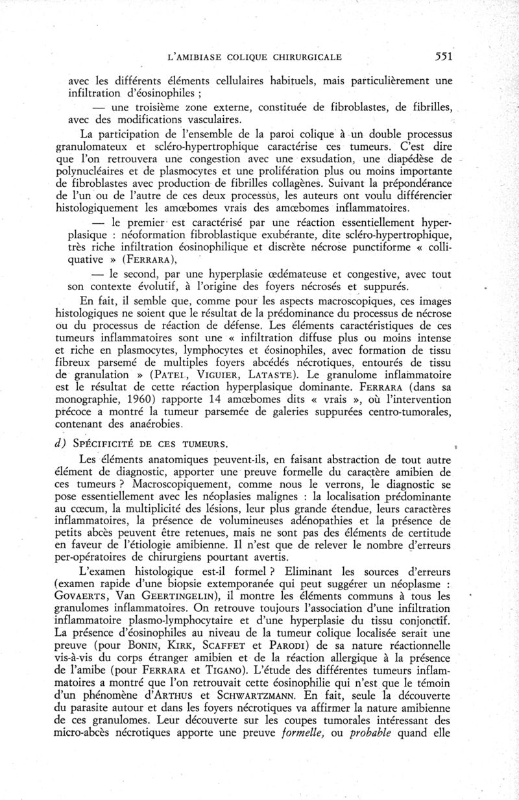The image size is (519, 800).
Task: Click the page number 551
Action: coord(444,56)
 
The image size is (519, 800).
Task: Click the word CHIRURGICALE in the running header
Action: coord(306,57)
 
